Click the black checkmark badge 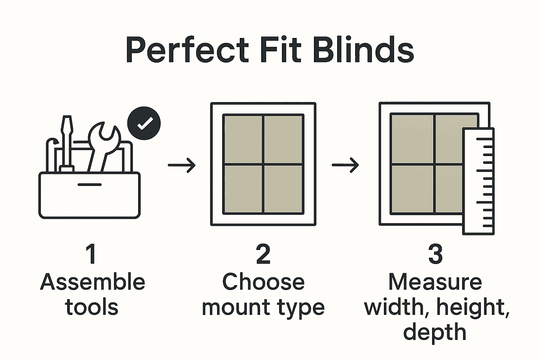pos(144,123)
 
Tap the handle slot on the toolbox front pos(89,184)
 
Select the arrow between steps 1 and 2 pos(181,165)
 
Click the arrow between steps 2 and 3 pos(345,165)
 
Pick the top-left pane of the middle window pos(243,139)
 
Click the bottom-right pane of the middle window pos(283,189)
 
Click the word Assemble pos(92,282)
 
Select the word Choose pos(263,282)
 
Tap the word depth pos(435,333)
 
